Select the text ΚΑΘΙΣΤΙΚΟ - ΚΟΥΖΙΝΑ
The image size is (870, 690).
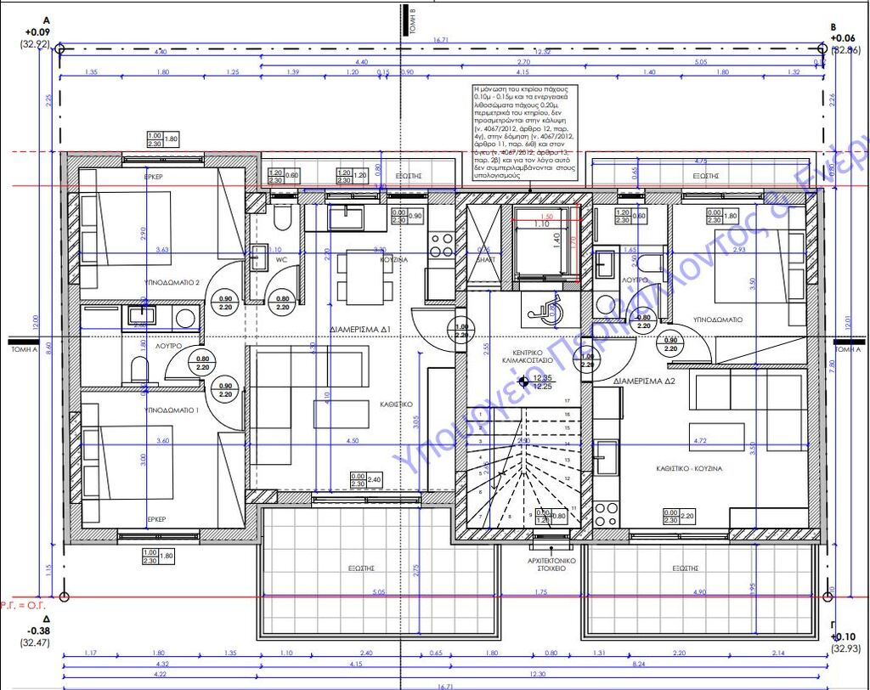point(689,467)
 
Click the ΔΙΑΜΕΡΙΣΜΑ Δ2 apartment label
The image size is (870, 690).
point(645,382)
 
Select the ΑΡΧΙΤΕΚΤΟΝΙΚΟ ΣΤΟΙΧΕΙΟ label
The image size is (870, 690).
point(553,566)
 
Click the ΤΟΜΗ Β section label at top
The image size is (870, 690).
point(411,17)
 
